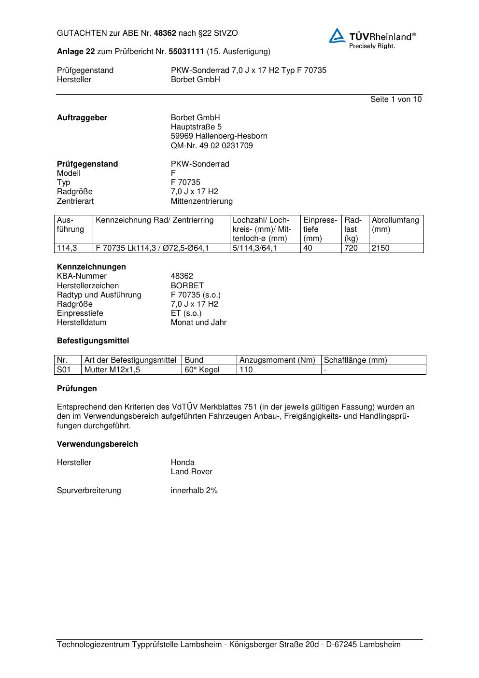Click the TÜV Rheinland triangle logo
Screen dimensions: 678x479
(x=337, y=36)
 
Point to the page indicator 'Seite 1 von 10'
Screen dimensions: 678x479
(x=395, y=99)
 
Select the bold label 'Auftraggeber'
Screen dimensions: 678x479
(x=82, y=118)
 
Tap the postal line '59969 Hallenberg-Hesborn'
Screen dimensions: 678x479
(x=219, y=136)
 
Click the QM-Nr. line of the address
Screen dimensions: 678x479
(x=211, y=145)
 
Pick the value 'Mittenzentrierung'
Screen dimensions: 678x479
(x=201, y=201)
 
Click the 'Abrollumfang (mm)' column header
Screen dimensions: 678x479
(x=395, y=225)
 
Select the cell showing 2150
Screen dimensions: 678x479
(x=380, y=248)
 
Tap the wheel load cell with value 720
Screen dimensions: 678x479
(x=351, y=248)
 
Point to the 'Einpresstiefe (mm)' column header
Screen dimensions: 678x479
(x=320, y=229)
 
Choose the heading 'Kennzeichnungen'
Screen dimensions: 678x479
(x=91, y=267)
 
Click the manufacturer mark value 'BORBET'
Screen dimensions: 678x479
(x=187, y=286)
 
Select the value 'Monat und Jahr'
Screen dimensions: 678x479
(x=198, y=323)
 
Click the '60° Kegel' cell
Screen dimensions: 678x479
(x=202, y=370)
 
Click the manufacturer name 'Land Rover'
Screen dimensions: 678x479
(x=191, y=472)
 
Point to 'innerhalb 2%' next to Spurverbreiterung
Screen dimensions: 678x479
(x=194, y=491)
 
